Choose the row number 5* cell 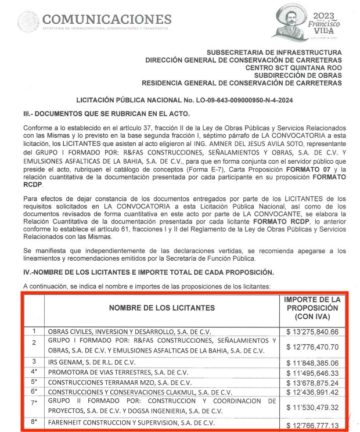[x=34, y=383]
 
